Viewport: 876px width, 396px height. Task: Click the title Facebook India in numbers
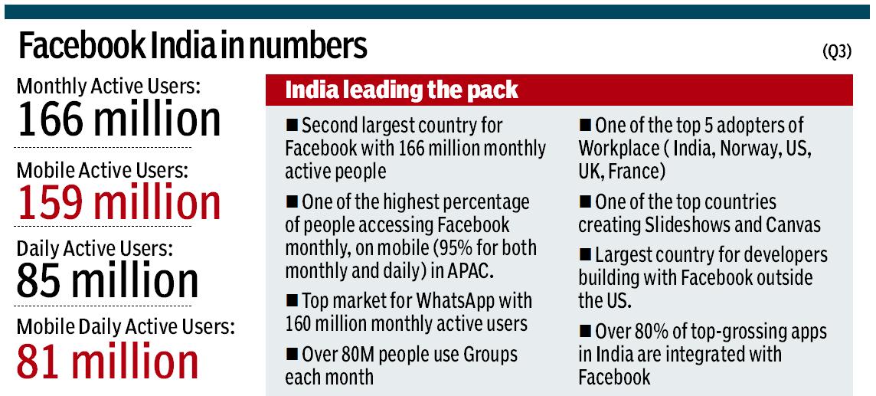click(x=192, y=47)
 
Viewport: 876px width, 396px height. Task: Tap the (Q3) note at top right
click(x=839, y=52)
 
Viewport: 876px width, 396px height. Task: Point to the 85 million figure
click(x=107, y=281)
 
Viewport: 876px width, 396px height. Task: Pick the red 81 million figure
click(x=107, y=362)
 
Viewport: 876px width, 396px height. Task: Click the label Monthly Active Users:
click(x=108, y=86)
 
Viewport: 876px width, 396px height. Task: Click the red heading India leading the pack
click(x=401, y=90)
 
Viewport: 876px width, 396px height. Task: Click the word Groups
click(x=485, y=355)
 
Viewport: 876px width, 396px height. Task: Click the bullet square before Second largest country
click(x=291, y=125)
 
